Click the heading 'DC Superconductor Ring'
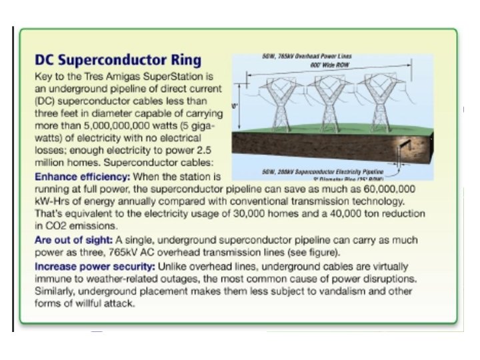click(x=117, y=61)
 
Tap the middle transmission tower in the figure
click(x=329, y=105)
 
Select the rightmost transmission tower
click(x=380, y=105)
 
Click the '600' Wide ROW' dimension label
click(x=329, y=65)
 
